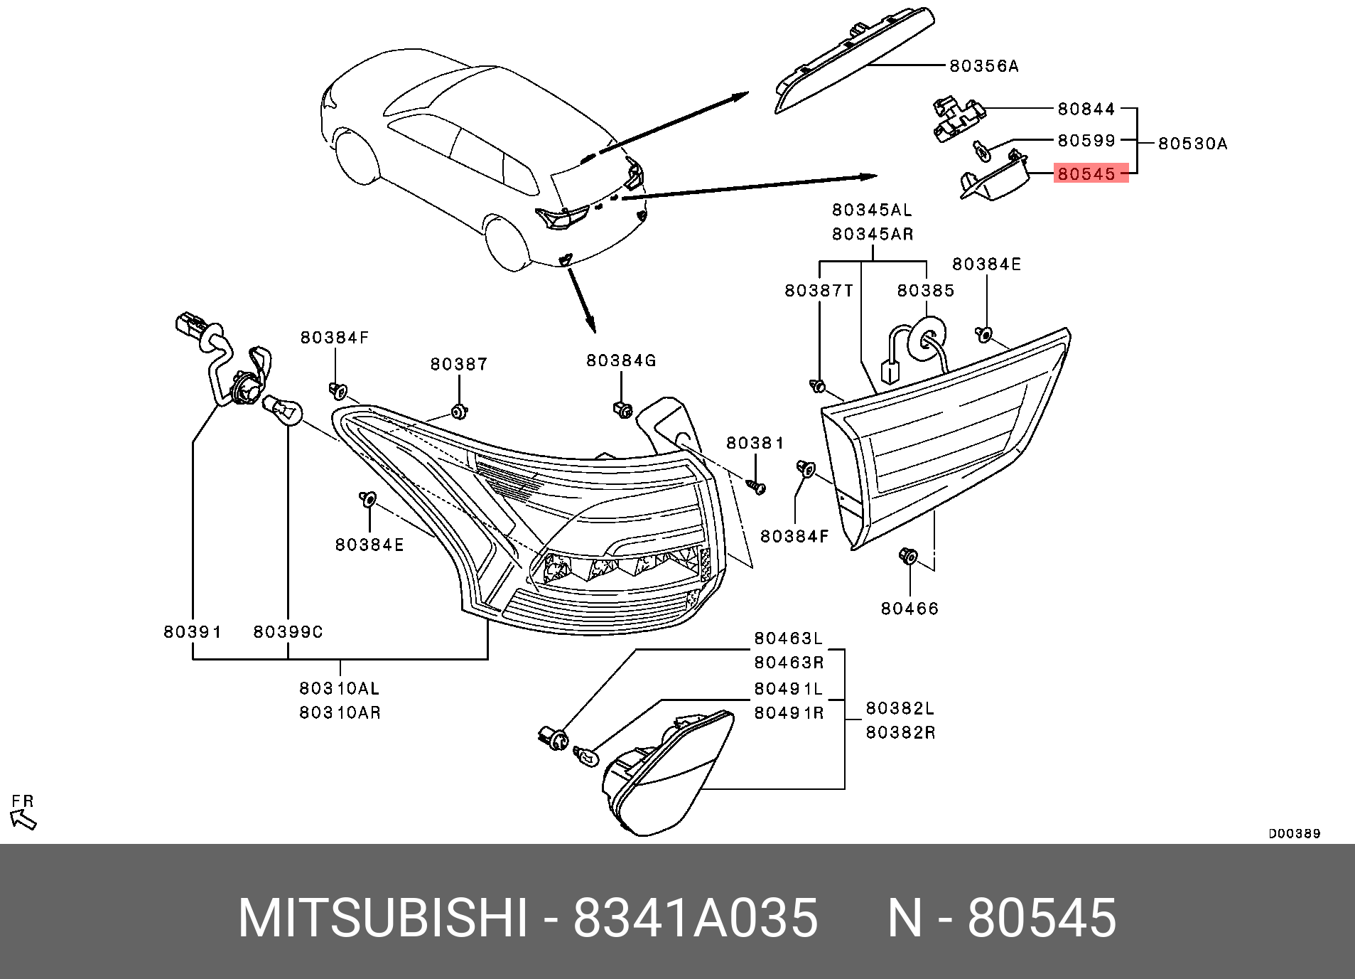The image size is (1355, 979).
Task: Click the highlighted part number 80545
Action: point(1086,173)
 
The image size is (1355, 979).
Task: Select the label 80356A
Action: point(984,66)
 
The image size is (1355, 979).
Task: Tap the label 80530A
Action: point(1192,144)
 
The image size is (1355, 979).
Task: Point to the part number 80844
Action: point(1086,109)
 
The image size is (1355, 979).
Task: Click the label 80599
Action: point(1086,140)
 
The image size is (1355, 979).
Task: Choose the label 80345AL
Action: point(872,210)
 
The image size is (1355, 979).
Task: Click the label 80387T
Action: point(819,290)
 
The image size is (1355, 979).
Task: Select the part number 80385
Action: point(925,290)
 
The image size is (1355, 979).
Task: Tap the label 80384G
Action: point(621,360)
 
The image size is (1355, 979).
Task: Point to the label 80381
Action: point(755,443)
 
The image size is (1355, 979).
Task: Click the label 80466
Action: point(909,609)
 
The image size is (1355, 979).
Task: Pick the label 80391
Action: point(193,632)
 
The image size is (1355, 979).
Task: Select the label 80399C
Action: point(288,632)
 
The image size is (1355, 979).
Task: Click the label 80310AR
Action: point(340,712)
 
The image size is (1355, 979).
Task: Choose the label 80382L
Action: point(900,708)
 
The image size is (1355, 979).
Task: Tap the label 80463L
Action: point(788,638)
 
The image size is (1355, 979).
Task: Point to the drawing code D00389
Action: point(1294,833)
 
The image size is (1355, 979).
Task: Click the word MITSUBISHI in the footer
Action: point(383,918)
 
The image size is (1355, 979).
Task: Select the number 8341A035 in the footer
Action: point(695,918)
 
